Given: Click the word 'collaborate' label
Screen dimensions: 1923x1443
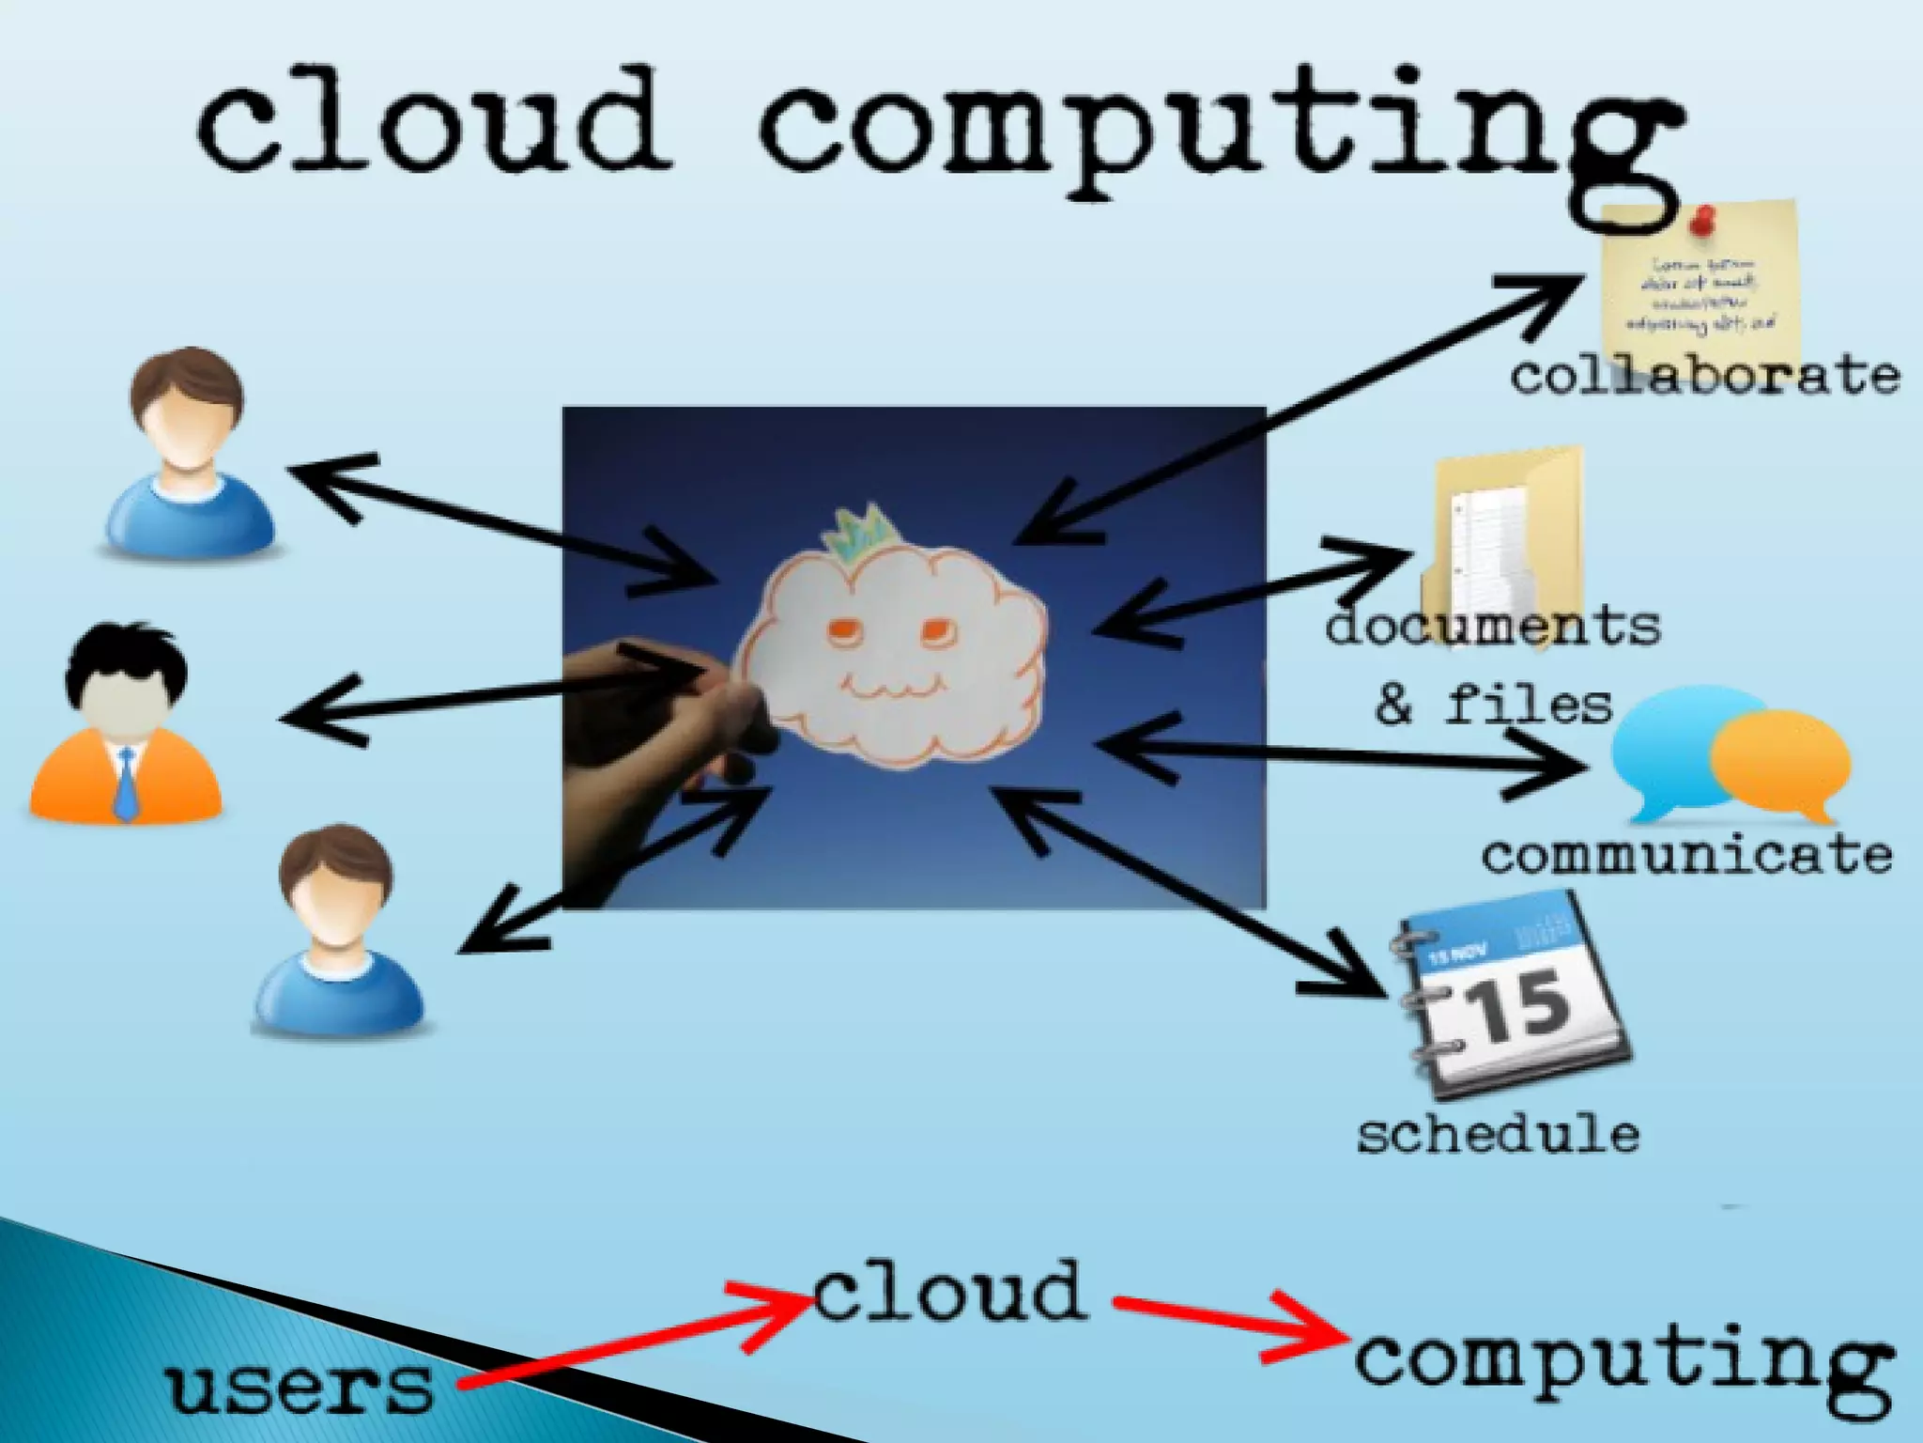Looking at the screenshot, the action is [x=1704, y=376].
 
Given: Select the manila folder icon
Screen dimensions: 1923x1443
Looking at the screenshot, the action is [x=1502, y=535].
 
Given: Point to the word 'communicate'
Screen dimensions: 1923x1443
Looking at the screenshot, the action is [x=1686, y=855].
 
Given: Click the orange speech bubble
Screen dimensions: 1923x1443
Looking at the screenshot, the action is [x=1779, y=761].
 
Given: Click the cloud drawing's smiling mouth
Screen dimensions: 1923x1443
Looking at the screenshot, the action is [x=886, y=690].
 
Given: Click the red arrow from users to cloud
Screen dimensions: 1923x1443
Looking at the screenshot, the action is [x=638, y=1339].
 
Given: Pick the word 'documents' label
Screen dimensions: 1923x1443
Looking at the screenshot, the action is [x=1493, y=628].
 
